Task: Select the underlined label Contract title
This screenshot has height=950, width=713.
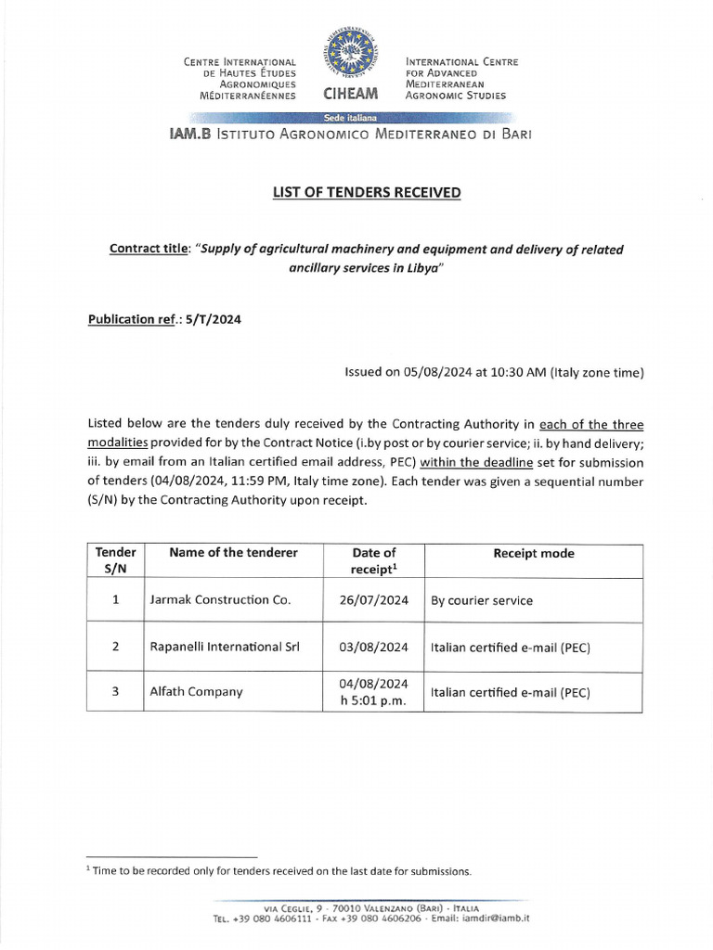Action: pos(148,250)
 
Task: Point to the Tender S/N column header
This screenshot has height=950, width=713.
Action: pos(115,561)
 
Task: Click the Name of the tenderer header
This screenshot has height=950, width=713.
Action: pos(233,553)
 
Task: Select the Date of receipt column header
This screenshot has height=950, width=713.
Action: pos(374,561)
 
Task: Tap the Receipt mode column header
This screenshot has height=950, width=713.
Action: pos(533,554)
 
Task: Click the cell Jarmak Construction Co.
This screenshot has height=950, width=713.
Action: pos(220,600)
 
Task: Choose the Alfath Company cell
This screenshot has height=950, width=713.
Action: pos(196,691)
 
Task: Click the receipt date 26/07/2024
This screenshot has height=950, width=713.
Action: pos(374,600)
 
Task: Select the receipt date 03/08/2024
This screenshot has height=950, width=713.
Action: pos(374,647)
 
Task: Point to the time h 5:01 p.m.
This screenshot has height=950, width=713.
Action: pos(374,700)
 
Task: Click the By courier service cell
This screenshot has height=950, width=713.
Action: pos(482,601)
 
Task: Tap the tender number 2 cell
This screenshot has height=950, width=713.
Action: pos(115,647)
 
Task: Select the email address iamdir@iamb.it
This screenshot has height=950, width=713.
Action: pos(496,918)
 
